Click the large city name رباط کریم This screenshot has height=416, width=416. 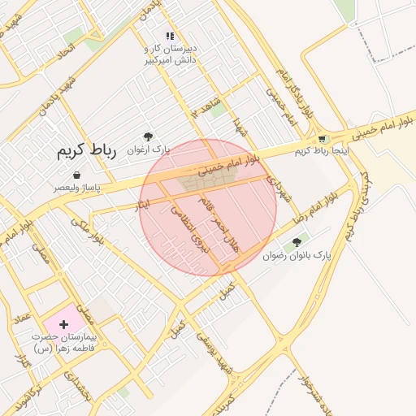(88, 151)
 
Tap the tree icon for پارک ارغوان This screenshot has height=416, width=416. (147, 137)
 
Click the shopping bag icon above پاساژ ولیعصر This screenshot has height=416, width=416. (76, 175)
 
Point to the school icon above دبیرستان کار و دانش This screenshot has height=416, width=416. (170, 36)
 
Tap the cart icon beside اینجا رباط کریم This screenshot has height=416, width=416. (323, 139)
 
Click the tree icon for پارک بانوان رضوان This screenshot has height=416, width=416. (297, 242)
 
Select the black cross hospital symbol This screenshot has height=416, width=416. (64, 324)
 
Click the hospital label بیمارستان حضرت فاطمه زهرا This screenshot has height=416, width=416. (64, 341)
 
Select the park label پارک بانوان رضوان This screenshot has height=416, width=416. (297, 255)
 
